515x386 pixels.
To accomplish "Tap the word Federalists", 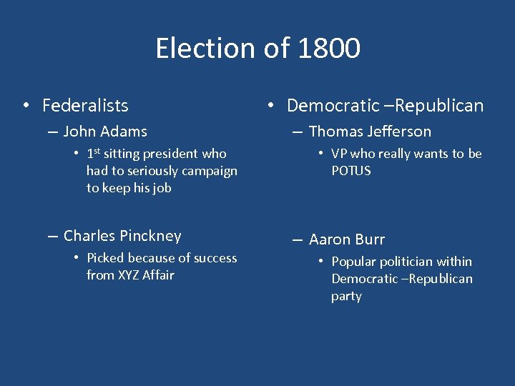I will coord(85,106).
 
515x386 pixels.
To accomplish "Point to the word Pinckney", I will coord(151,236).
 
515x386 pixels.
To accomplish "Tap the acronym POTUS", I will coord(351,171).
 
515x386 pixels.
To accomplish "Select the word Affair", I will coord(158,275).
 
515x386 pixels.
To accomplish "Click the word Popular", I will coord(354,262).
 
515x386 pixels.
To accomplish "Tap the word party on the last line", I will coord(346,296).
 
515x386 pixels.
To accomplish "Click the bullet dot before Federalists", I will coord(25,106).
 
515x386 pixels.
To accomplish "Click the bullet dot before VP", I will coord(323,154).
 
